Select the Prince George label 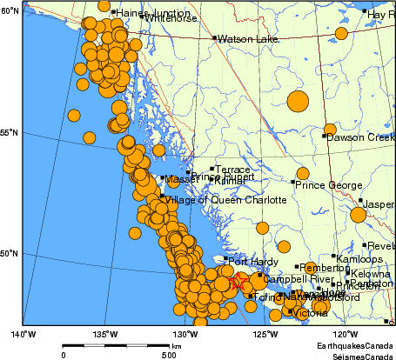tap(327, 185)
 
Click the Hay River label tap(381, 15)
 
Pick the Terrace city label tap(233, 170)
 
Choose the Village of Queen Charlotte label tap(225, 199)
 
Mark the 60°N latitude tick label tap(10, 10)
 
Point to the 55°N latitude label tap(10, 132)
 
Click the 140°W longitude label tap(23, 333)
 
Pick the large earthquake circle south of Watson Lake tap(298, 101)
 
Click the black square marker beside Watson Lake tap(214, 38)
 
